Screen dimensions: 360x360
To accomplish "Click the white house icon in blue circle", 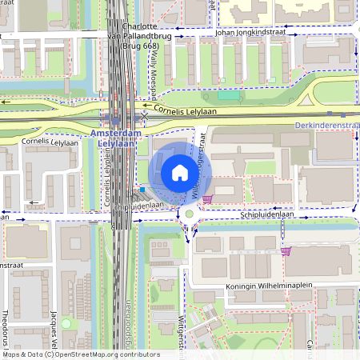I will coord(180,172).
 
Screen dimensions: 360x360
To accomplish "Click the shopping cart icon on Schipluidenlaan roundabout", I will coord(207,198).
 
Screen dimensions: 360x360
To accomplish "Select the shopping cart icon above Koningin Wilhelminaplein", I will coord(286,251).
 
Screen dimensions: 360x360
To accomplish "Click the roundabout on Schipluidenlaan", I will coord(190,214).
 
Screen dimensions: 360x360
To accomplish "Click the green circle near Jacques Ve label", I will coord(66,323).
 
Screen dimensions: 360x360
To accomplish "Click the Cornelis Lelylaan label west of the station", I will coord(49,141).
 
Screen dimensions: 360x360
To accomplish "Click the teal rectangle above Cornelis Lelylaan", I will coord(228,95).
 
